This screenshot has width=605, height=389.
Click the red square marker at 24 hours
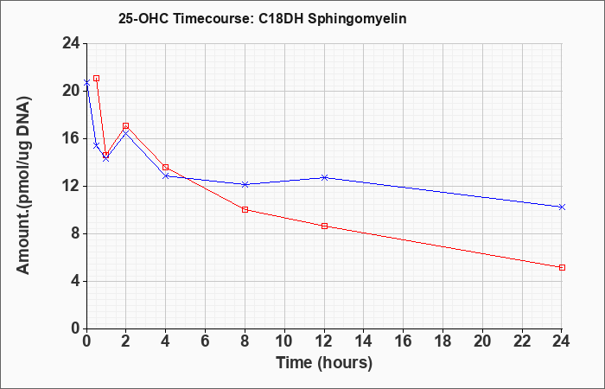[562, 267]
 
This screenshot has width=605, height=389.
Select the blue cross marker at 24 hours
[562, 207]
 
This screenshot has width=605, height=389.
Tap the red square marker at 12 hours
[324, 226]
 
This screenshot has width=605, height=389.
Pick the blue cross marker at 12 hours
[324, 177]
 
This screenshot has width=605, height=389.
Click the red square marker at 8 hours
[245, 209]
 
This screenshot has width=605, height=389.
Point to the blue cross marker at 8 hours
[245, 184]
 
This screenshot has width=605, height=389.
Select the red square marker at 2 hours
[126, 126]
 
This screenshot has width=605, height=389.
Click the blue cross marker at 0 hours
[86, 83]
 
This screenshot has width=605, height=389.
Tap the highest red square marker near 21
[97, 79]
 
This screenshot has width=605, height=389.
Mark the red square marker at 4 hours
[166, 167]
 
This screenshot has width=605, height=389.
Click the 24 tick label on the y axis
[72, 43]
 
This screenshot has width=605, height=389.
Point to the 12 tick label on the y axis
[72, 186]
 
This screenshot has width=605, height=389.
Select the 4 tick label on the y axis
[76, 281]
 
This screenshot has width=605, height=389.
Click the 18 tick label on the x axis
[443, 341]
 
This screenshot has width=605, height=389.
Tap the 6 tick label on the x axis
[206, 341]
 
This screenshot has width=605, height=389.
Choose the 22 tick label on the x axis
[522, 341]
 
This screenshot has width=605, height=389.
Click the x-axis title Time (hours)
[324, 363]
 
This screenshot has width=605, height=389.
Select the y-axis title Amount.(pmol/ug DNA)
[24, 185]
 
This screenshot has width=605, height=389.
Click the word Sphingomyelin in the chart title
[357, 19]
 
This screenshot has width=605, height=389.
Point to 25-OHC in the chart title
[143, 19]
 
